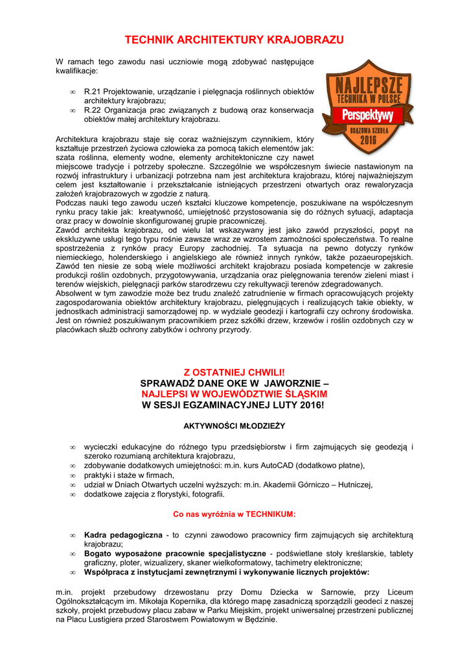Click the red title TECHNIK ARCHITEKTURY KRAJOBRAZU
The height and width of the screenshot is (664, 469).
point(234,40)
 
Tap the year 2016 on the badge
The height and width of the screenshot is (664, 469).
point(368,139)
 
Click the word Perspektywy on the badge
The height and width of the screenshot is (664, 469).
point(367,116)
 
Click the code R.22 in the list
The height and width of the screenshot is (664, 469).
point(95,110)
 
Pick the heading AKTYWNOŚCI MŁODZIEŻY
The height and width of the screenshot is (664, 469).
point(234,426)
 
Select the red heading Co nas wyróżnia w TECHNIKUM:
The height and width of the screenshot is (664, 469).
point(234,514)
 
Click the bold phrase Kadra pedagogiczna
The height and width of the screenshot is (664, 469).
point(123,535)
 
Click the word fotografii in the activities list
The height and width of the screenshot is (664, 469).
point(206,494)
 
